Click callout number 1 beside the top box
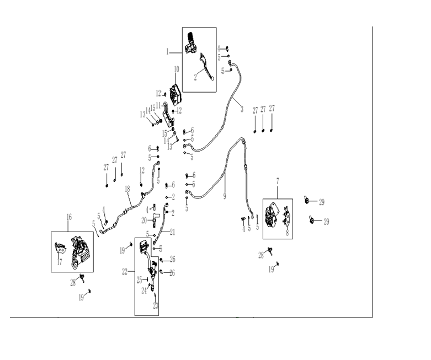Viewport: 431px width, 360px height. (x=167, y=52)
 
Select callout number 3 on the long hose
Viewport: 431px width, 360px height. (x=242, y=110)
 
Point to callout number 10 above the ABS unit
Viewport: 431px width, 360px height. (x=177, y=69)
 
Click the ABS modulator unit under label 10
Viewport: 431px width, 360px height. (x=175, y=94)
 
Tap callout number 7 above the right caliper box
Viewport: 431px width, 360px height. (x=278, y=181)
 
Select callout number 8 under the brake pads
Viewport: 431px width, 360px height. (x=288, y=233)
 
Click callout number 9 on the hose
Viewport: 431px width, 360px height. (x=225, y=196)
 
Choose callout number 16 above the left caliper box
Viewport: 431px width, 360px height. (x=69, y=217)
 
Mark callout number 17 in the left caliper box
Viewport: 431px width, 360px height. (x=60, y=262)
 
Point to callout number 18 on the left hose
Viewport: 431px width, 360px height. (x=127, y=189)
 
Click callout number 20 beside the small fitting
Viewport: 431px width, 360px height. (x=144, y=220)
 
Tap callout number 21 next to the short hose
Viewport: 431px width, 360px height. (x=172, y=232)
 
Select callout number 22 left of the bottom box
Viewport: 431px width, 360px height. (x=125, y=272)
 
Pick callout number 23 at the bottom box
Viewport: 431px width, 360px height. (x=156, y=305)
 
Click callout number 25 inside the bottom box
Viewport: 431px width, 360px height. (x=140, y=280)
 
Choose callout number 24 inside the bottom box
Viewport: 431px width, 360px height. (x=144, y=291)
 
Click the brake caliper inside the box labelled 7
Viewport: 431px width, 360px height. (x=272, y=216)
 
